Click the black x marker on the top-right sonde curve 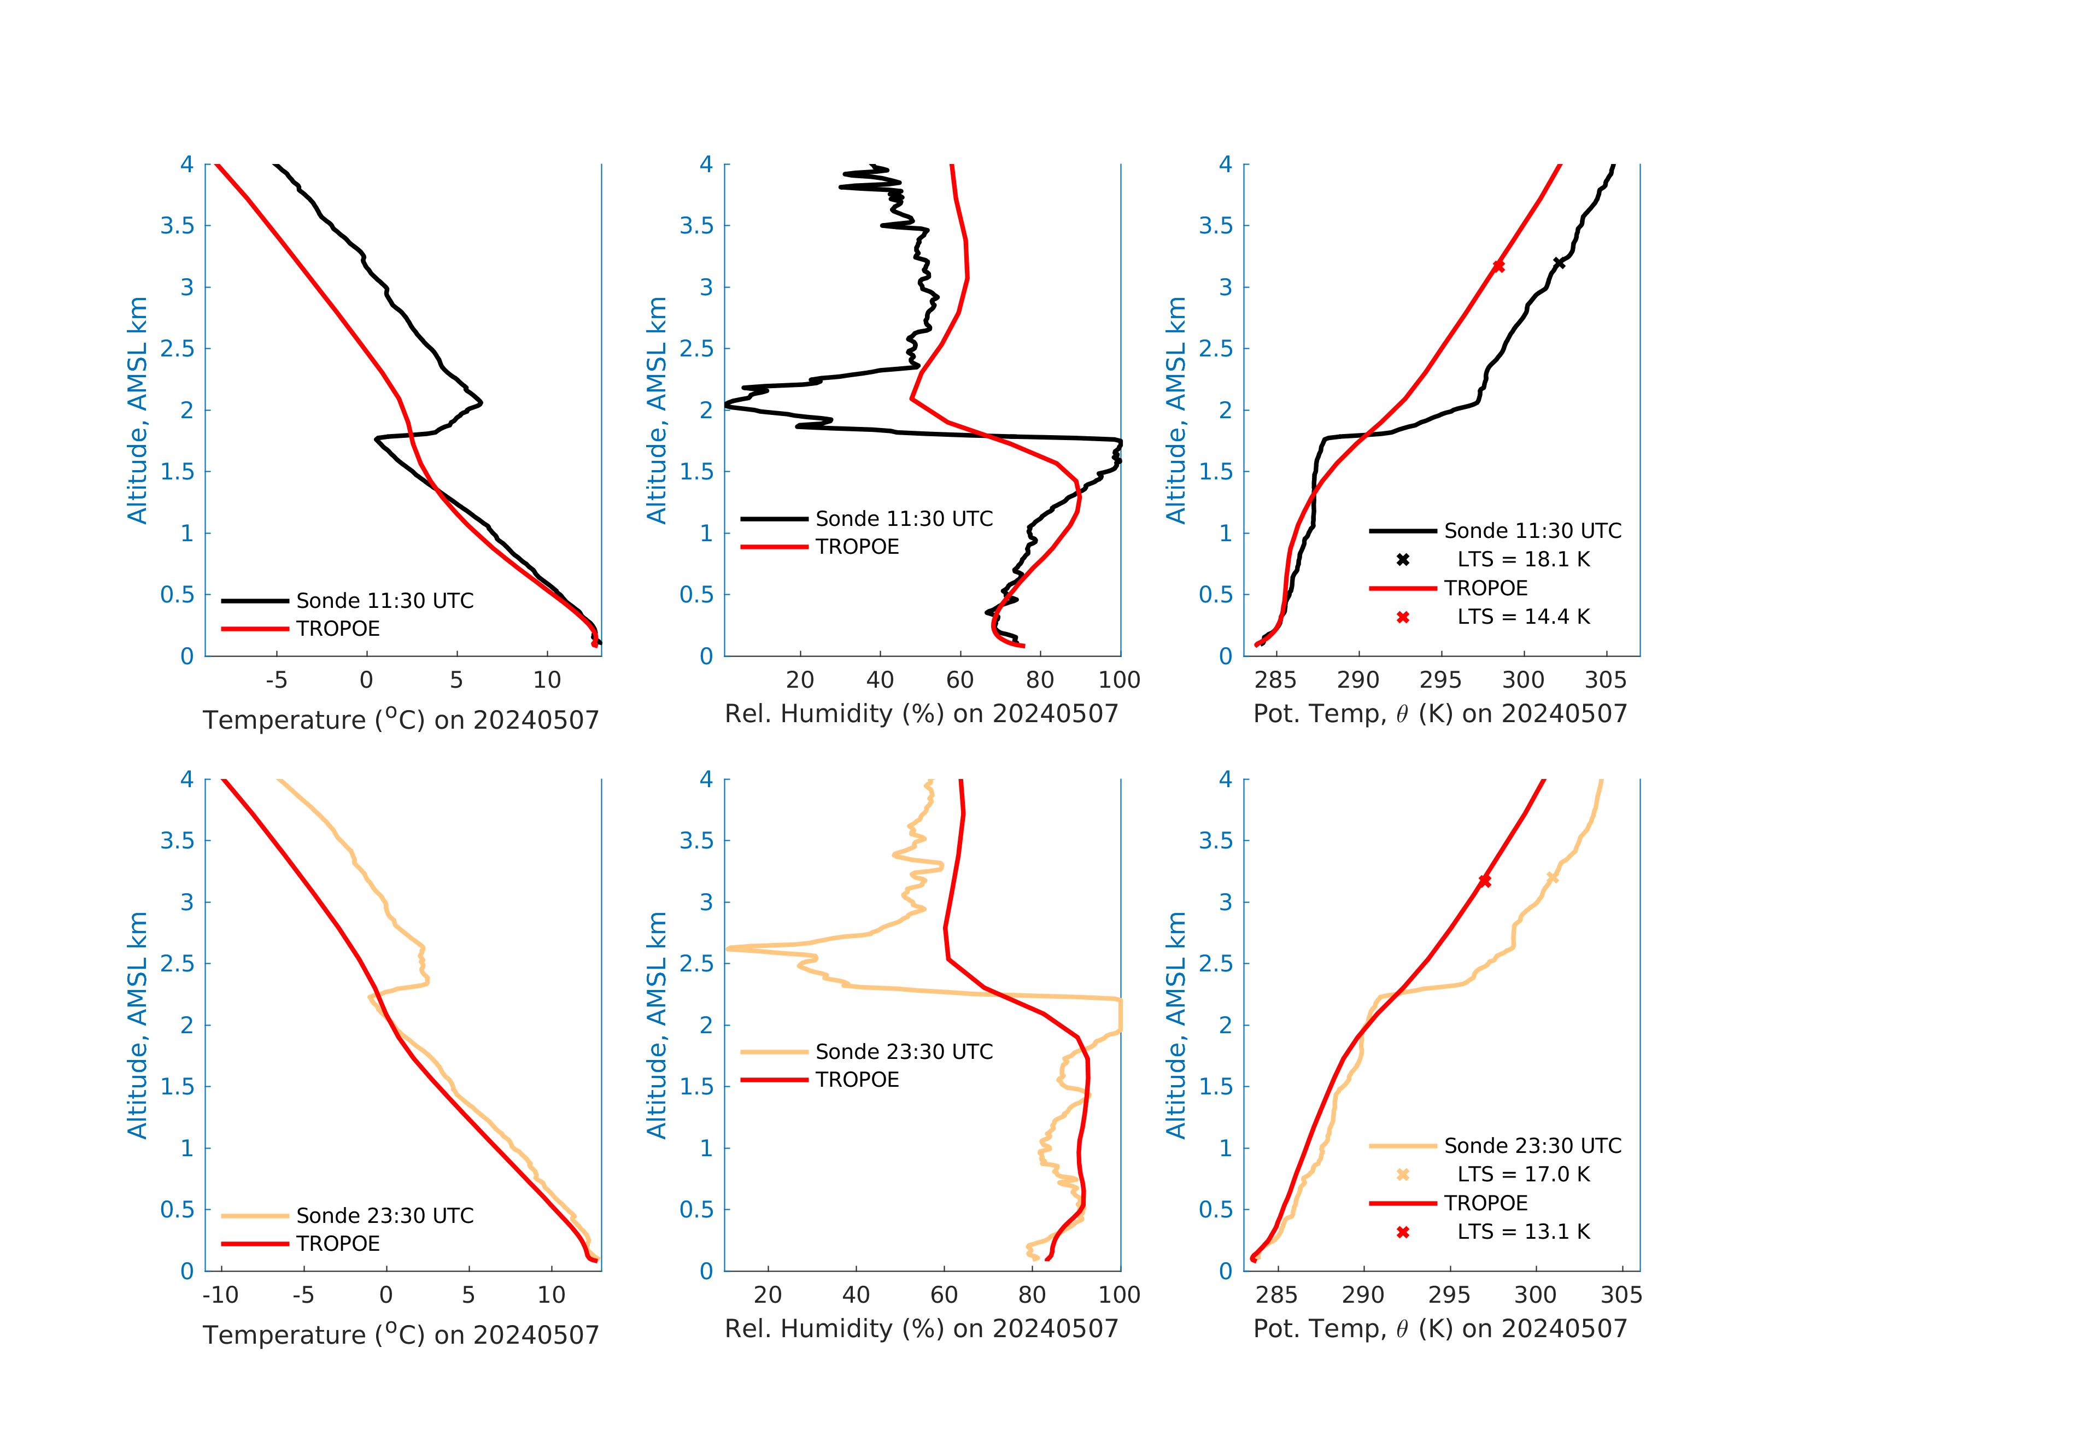click(1559, 263)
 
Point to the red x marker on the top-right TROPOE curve click(1498, 266)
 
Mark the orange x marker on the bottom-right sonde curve click(1552, 877)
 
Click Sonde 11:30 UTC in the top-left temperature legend click(384, 600)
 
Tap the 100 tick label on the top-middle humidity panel click(1118, 680)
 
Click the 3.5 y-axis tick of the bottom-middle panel click(696, 840)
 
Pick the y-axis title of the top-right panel click(1175, 409)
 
